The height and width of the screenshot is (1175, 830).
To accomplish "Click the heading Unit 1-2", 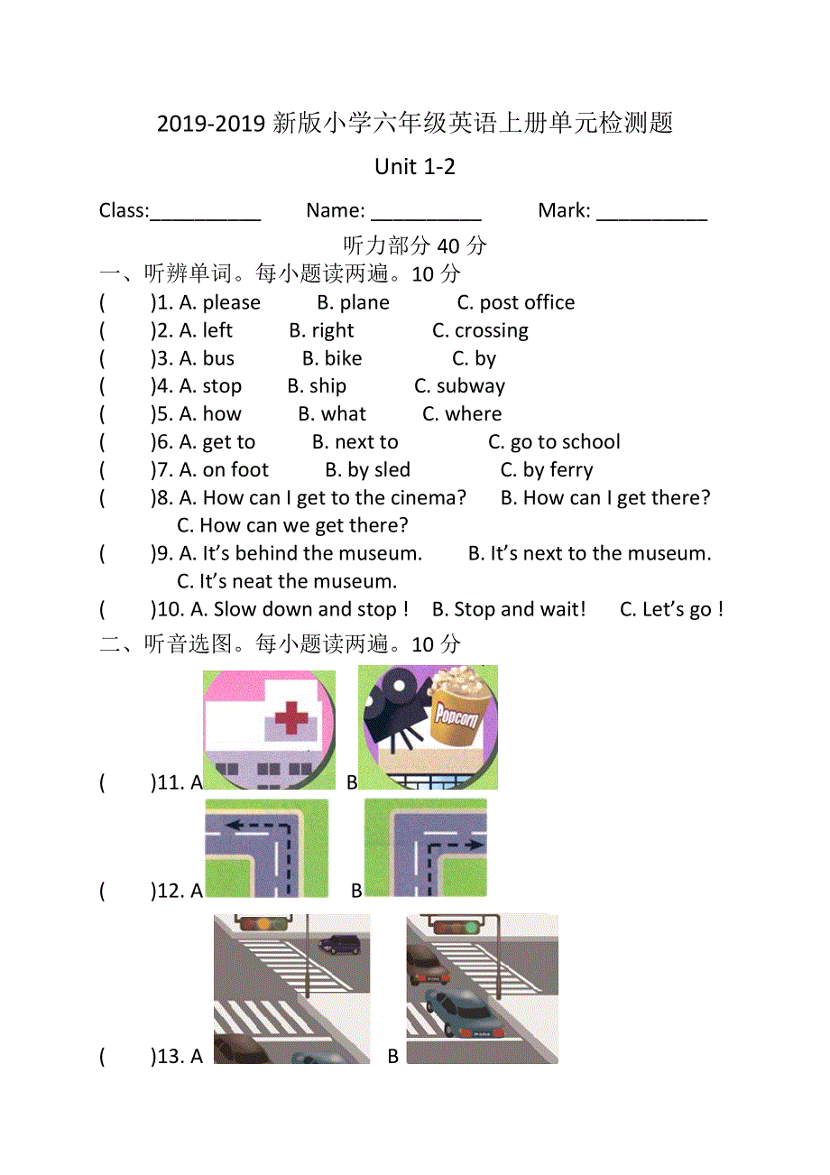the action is [x=415, y=167].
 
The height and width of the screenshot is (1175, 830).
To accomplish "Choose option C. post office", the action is [x=515, y=303].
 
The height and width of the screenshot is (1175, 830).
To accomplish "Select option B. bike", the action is [x=332, y=359].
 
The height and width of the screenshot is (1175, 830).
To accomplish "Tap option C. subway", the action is [x=459, y=387].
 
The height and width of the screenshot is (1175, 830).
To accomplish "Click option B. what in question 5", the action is [x=332, y=415].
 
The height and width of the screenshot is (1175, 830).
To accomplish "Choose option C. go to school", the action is [x=554, y=443].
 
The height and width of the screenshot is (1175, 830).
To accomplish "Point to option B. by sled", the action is [x=367, y=471].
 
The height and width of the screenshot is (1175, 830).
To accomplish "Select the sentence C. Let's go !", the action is [x=671, y=611].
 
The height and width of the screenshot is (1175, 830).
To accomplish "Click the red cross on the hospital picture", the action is [x=290, y=718].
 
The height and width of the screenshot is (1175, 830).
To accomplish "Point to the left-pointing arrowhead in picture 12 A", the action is [x=230, y=824].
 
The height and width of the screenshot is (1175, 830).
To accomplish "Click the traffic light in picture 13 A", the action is [x=263, y=923].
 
